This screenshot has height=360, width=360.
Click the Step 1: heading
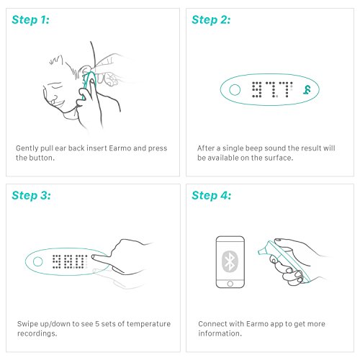(x=30, y=19)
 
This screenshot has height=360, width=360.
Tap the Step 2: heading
(x=211, y=19)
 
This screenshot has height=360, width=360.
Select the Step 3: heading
(x=31, y=195)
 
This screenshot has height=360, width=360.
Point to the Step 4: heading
(x=212, y=195)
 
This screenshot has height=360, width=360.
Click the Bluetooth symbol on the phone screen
(x=230, y=261)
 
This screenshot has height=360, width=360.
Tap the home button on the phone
(x=230, y=284)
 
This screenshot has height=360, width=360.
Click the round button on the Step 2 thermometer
(x=235, y=90)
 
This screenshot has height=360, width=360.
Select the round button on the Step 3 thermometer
(x=37, y=261)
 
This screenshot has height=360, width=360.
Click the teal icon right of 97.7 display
(x=307, y=90)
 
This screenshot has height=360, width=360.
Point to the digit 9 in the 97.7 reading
(x=256, y=89)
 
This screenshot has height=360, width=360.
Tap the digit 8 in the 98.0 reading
(x=67, y=261)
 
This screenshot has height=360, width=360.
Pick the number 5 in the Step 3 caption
(x=97, y=324)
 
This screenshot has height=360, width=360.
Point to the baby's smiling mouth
(x=59, y=104)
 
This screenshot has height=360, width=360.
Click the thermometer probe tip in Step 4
(x=260, y=252)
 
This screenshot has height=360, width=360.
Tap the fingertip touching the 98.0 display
(x=93, y=257)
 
